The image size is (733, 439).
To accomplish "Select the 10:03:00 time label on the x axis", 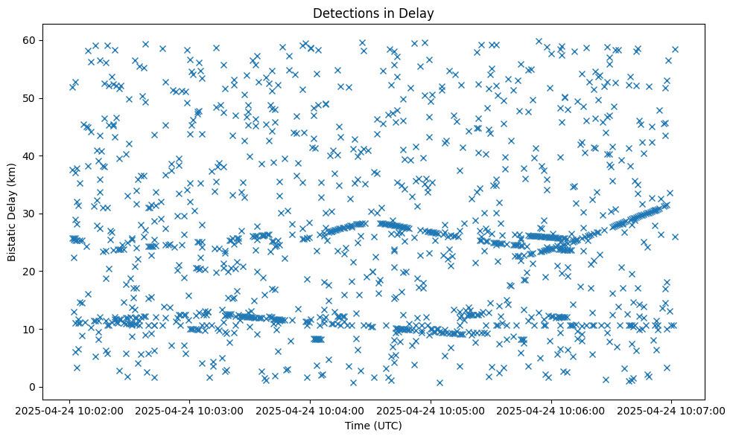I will coord(191,410).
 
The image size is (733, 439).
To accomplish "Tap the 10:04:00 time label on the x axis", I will coord(311,410).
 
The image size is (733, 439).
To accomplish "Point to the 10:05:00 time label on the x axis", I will coord(431,410).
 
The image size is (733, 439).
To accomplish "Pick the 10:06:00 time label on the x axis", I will coord(550,410).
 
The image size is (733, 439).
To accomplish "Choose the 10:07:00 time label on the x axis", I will coord(670,410).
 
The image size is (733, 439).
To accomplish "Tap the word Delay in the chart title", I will coord(419,13).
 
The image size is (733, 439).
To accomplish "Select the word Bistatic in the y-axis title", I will coord(12,239).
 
